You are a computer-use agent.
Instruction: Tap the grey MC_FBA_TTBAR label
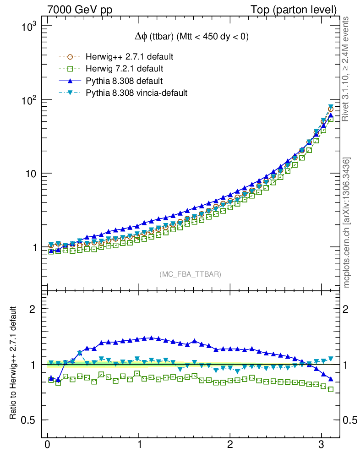coord(190,274)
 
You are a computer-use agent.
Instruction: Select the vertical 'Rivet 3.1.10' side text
coord(346,69)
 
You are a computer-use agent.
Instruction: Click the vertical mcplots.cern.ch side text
coord(347,223)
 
